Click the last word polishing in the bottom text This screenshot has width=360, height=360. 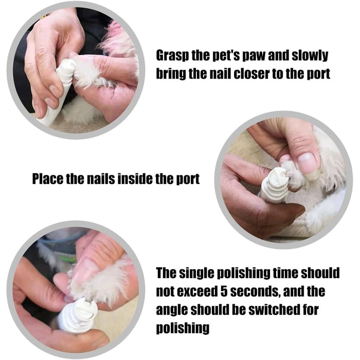click(x=183, y=328)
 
